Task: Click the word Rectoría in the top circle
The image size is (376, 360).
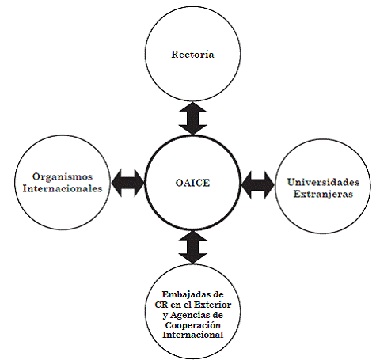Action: tap(192, 54)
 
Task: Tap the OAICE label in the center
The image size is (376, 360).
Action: tap(192, 183)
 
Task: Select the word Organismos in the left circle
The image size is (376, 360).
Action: tap(63, 176)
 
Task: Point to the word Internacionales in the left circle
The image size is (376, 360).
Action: tap(63, 188)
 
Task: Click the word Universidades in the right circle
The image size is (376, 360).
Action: tap(323, 182)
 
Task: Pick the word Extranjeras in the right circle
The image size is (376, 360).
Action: tap(323, 194)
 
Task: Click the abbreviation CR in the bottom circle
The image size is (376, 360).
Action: tap(161, 305)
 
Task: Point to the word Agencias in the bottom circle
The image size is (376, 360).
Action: tap(189, 315)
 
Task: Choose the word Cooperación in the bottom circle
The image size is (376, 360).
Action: tap(193, 325)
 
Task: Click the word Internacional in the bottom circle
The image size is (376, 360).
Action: tap(193, 335)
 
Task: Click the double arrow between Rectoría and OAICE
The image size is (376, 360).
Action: tap(193, 119)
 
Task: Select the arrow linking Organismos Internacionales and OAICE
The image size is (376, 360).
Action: tap(127, 183)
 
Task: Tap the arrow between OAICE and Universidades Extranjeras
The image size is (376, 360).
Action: tap(258, 185)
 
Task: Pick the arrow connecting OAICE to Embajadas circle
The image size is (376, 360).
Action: tap(193, 248)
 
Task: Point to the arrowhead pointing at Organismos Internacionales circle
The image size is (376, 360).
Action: tap(116, 183)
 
